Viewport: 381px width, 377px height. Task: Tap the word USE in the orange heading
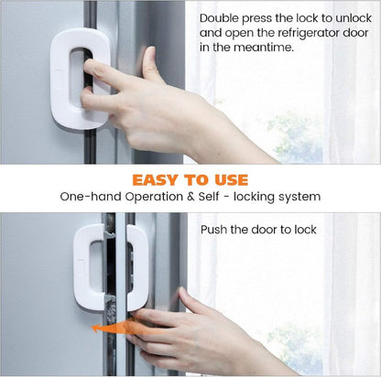(231, 179)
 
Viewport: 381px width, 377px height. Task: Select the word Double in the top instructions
(219, 18)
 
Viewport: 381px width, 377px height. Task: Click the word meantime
(264, 48)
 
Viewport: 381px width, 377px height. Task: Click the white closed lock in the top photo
(81, 78)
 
